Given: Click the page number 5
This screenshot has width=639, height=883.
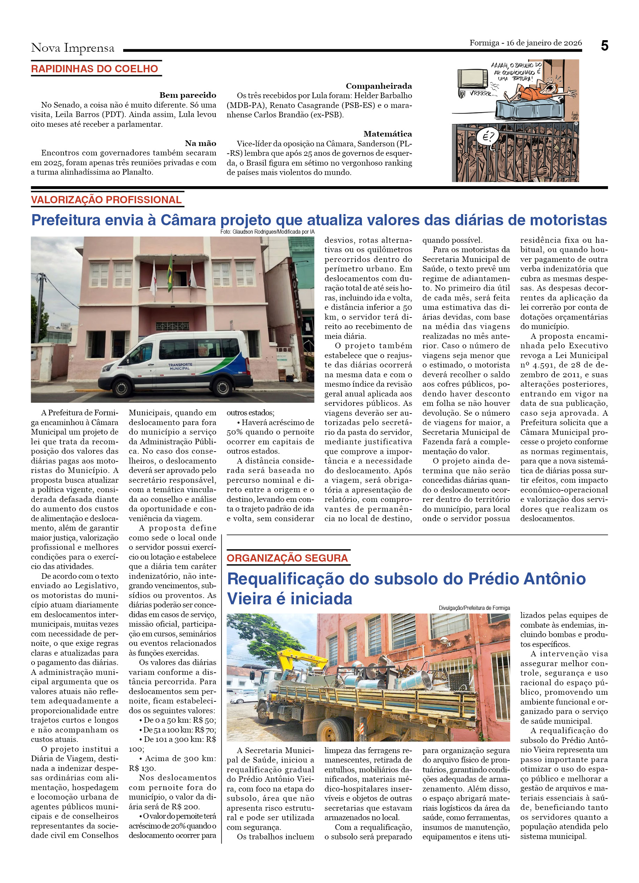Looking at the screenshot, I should point(604,46).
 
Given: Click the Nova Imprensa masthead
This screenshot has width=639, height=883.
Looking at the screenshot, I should point(73,48).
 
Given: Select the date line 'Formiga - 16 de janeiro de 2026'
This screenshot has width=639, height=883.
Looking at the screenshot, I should point(526,43).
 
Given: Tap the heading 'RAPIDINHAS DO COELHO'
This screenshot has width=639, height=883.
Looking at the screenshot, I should point(95,69).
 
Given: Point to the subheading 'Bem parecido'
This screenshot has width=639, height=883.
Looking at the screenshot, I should point(187,95).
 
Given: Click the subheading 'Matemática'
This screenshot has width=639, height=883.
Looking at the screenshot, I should point(387,134).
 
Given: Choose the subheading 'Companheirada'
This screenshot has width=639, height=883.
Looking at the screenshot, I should point(378,86).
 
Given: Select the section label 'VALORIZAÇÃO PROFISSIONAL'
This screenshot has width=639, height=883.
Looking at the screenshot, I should point(106,200).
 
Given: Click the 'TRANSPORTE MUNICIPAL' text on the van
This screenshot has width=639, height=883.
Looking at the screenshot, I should point(180,366).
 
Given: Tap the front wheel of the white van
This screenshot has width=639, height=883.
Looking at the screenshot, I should point(122,387).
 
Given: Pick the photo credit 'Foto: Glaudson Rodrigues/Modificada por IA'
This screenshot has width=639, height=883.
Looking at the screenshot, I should point(267,232).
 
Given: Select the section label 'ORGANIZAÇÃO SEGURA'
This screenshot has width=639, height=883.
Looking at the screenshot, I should point(287,558).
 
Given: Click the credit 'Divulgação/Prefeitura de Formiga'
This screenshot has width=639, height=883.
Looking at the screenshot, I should point(474,608).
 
